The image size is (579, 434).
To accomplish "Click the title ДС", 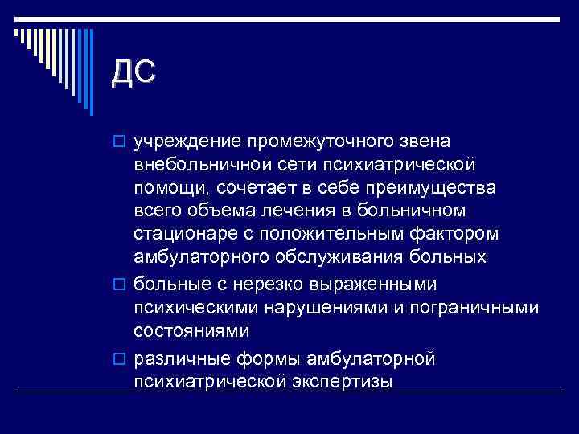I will click(133, 72).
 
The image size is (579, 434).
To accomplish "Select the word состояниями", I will click(192, 330).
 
